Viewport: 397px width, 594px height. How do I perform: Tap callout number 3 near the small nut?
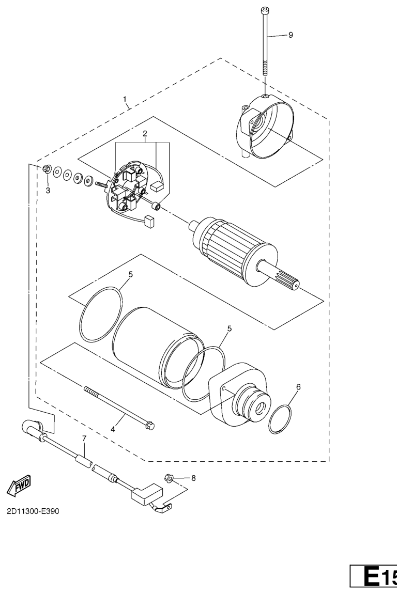(x=48, y=190)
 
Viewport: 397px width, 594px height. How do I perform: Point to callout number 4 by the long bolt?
(x=112, y=428)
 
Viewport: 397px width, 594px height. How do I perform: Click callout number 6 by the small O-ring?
(x=298, y=386)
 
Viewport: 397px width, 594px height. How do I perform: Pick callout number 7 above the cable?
(x=84, y=439)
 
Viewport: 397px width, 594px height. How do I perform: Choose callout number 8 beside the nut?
(x=193, y=478)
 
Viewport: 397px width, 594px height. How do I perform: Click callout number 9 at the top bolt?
(x=290, y=35)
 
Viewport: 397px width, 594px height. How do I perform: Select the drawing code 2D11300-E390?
(x=34, y=512)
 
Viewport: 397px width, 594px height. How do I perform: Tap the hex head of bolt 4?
(x=150, y=426)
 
